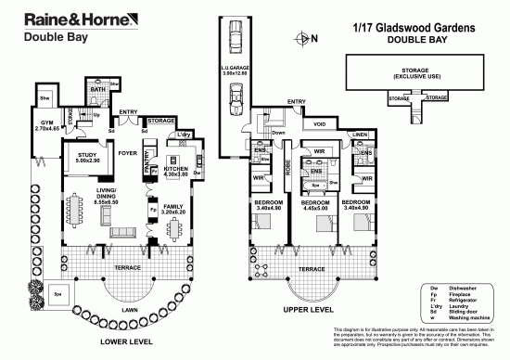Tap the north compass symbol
point(303,38)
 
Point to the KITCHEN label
point(176,170)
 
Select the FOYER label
point(128,153)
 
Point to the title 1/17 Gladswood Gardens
point(414,29)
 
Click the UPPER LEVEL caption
point(309,308)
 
